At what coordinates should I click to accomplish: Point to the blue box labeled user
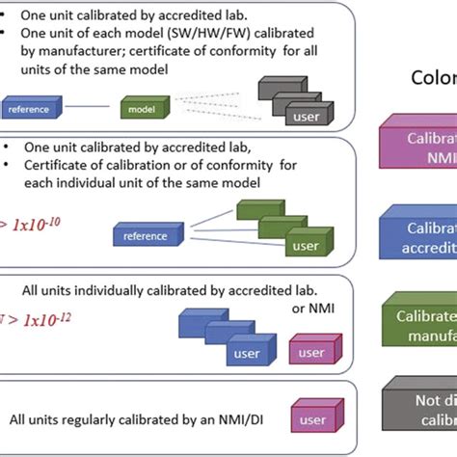tap(242, 352)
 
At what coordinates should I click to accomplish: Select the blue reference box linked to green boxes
tap(148, 234)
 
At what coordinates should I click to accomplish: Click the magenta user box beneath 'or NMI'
tap(310, 351)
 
